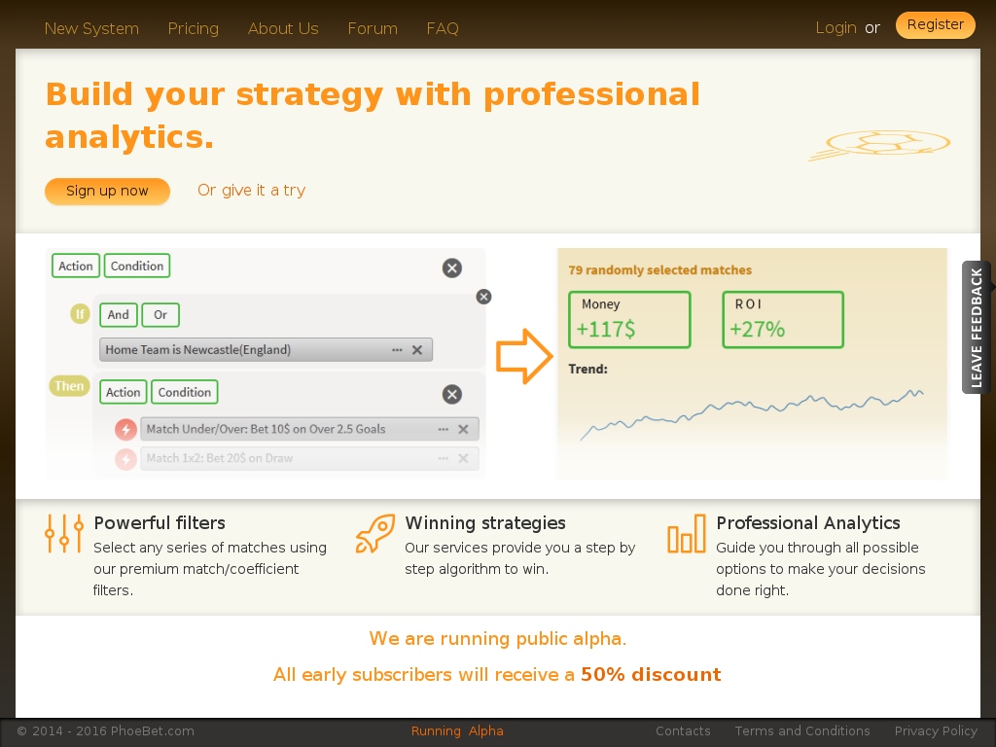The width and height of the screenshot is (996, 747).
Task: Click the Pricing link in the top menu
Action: [194, 28]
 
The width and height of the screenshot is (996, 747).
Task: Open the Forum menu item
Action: [373, 28]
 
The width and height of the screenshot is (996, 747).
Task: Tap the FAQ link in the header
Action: [443, 28]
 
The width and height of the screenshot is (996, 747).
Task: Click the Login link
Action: [836, 28]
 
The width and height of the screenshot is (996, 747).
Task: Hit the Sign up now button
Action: [107, 192]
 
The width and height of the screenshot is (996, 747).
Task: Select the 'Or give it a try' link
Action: [252, 190]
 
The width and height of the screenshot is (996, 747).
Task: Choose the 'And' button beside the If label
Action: [118, 315]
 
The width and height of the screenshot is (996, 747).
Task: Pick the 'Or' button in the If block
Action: [160, 315]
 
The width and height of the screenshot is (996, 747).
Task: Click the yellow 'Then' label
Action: [69, 386]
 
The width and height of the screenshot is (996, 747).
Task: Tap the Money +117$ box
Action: [629, 319]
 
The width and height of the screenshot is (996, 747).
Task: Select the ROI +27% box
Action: [783, 319]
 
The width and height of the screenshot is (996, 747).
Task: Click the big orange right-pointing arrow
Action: [524, 356]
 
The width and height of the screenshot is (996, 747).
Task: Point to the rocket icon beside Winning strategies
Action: [375, 534]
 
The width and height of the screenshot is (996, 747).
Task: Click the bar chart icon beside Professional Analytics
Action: [687, 534]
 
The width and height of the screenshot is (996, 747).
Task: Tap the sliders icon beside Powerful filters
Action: [64, 534]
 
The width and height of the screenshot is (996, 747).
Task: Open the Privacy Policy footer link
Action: [936, 731]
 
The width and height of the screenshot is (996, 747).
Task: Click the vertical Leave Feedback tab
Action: [977, 327]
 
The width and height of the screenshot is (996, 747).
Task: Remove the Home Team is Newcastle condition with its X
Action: [417, 350]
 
